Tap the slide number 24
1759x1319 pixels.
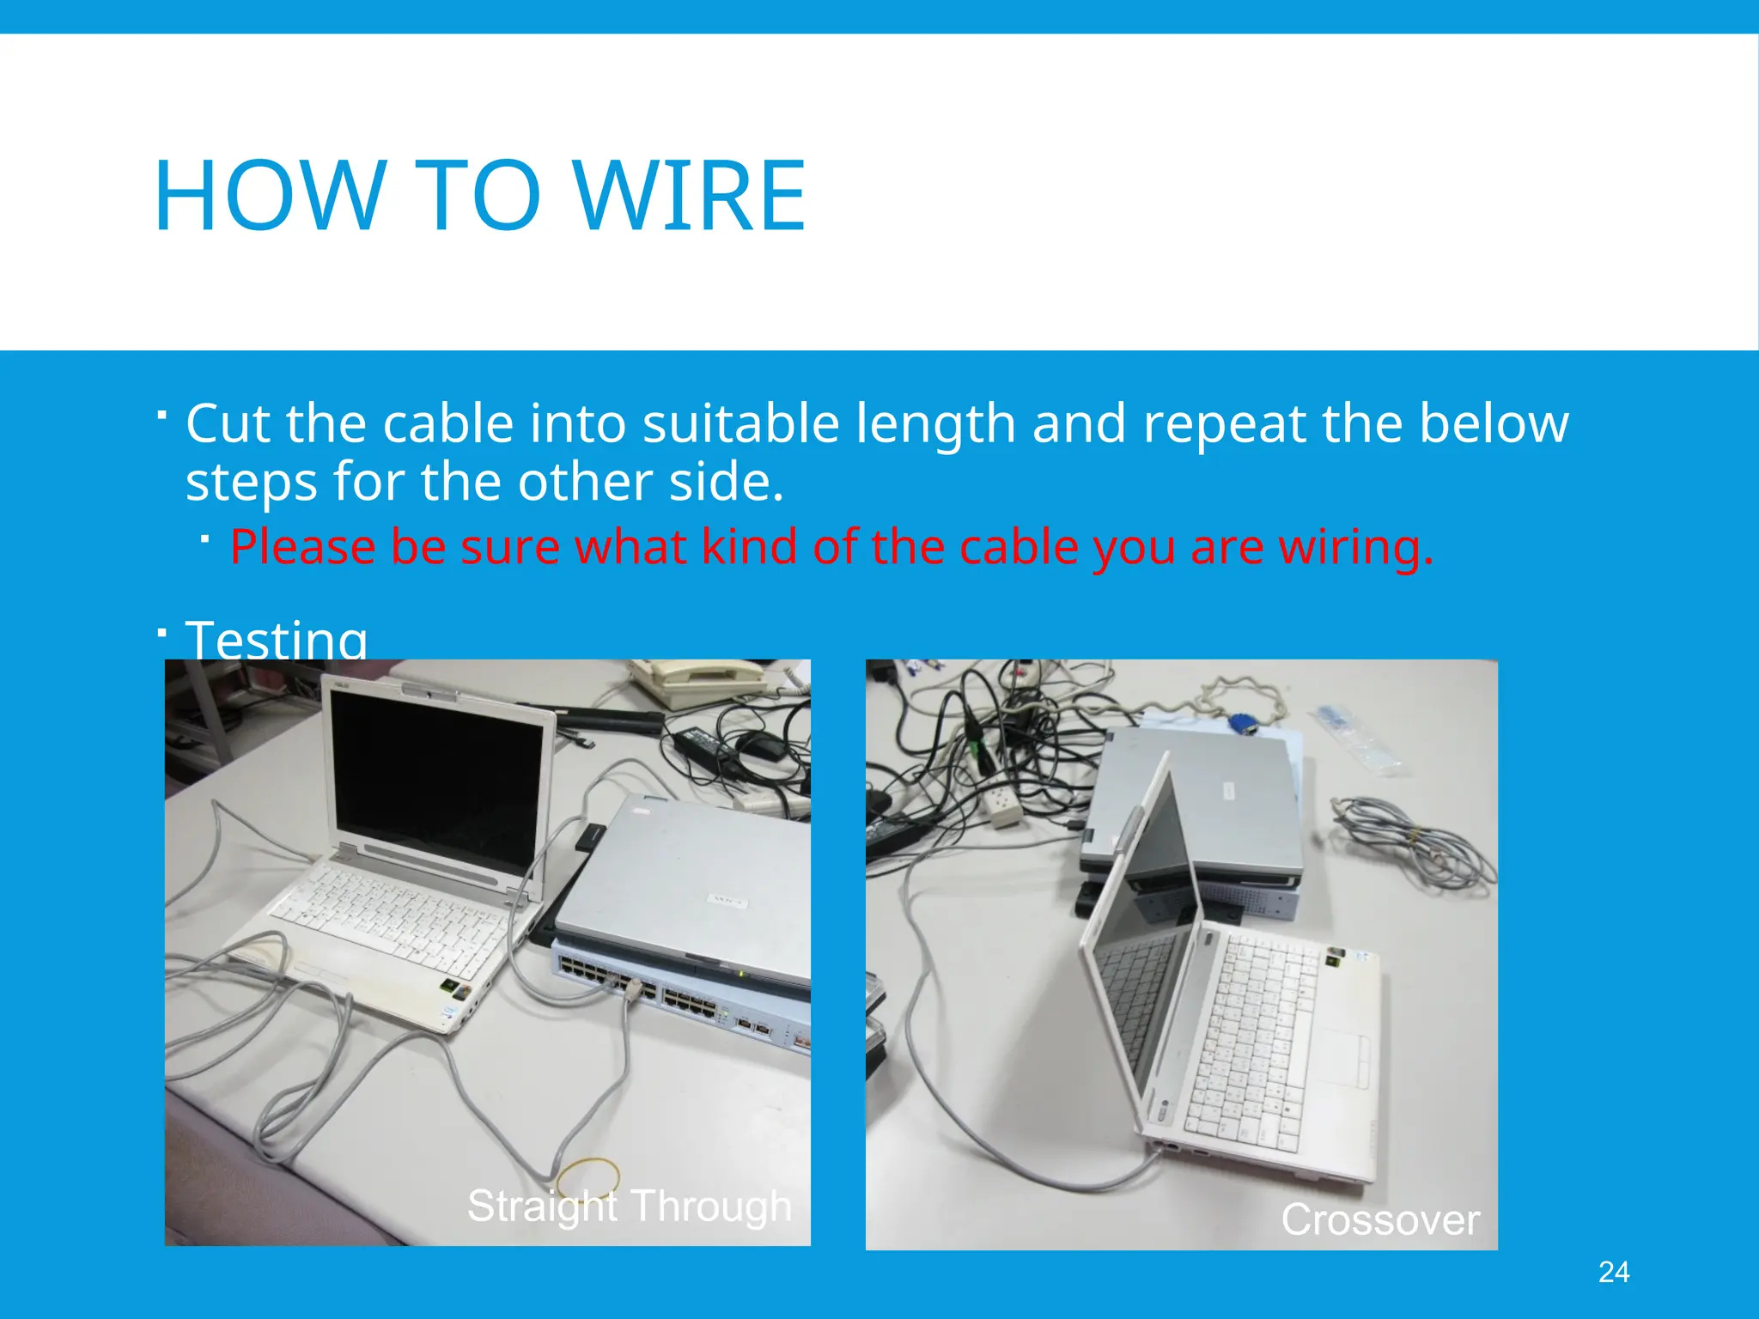(1614, 1272)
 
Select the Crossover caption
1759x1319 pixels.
(1380, 1219)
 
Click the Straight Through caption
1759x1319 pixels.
(629, 1205)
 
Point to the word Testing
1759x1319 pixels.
(277, 640)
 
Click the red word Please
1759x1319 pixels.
(302, 547)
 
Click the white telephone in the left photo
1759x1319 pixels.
(696, 683)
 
